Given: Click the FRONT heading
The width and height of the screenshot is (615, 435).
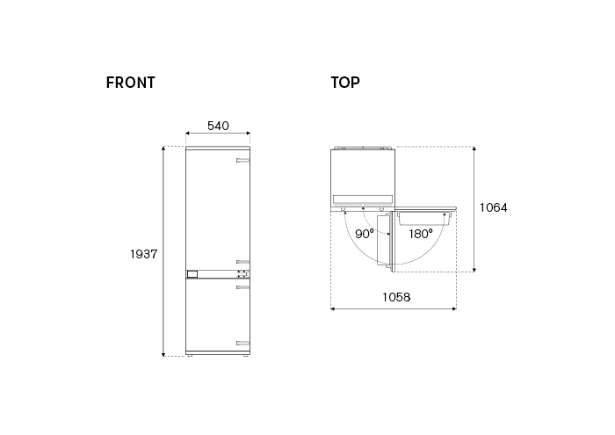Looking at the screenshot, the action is pos(131,83).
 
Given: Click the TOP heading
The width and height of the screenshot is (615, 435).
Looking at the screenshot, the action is pos(345,83).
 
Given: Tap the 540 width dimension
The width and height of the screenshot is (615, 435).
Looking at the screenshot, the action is pos(218,126).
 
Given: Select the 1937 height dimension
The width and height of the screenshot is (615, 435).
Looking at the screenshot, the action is pos(143,254).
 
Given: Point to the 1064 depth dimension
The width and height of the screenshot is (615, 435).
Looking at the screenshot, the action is pos(494,207).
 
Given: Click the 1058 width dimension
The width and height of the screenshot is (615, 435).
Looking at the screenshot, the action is pos(396,297).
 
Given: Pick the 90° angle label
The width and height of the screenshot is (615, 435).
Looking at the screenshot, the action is pos(365,234).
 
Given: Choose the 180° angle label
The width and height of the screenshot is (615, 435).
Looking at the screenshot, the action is pos(421,234).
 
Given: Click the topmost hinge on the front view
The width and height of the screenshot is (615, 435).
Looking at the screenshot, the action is pos(242,160).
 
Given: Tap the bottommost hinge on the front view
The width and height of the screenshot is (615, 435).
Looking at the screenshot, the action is pos(242,344).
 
